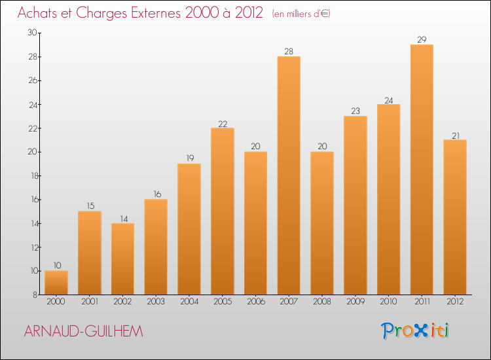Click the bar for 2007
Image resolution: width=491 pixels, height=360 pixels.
(x=289, y=175)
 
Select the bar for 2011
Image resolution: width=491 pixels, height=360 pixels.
(x=422, y=170)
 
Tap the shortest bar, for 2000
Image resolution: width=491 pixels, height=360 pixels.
(x=56, y=283)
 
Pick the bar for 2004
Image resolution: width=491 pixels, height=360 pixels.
(x=189, y=229)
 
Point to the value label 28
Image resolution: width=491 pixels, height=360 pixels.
(x=289, y=51)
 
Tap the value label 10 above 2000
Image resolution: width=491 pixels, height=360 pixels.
(x=57, y=265)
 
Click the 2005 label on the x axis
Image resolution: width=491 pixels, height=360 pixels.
(x=222, y=302)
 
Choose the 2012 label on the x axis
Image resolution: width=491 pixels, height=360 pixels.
(x=454, y=302)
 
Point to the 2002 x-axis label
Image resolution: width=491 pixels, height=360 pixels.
(x=122, y=302)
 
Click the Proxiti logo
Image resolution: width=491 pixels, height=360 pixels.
(x=415, y=331)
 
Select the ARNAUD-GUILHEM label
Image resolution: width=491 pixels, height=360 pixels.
(x=83, y=332)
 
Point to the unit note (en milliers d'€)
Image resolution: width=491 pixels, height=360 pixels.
(x=300, y=14)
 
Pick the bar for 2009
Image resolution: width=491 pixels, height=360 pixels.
(x=355, y=206)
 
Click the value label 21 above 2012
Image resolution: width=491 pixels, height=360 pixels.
(x=454, y=135)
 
